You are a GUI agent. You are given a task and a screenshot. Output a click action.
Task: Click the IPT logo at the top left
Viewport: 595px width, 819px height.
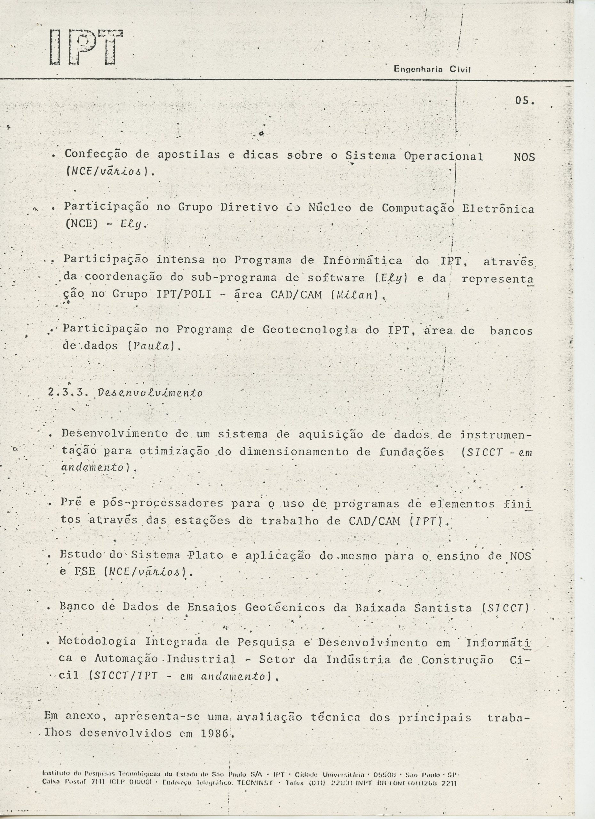point(86,47)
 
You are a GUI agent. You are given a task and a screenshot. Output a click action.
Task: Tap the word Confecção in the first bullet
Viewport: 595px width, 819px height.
point(96,155)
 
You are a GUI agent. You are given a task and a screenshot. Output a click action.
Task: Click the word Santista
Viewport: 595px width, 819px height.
point(443,608)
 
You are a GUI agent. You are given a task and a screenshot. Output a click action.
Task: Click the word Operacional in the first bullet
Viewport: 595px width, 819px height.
point(443,156)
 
